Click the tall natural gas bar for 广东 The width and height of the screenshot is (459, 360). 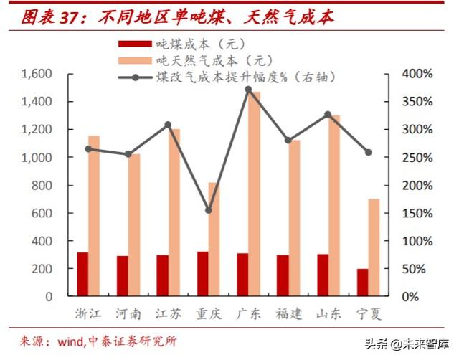click(x=255, y=194)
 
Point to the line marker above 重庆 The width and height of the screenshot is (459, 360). click(x=209, y=210)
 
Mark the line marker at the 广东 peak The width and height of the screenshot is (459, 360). click(x=249, y=90)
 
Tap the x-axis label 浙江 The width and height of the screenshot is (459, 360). click(x=88, y=313)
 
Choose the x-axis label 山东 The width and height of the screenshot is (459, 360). click(x=328, y=313)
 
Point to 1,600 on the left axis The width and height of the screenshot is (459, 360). click(x=37, y=74)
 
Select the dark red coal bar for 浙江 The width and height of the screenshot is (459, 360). click(x=83, y=274)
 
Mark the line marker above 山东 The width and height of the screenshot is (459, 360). click(x=328, y=115)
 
